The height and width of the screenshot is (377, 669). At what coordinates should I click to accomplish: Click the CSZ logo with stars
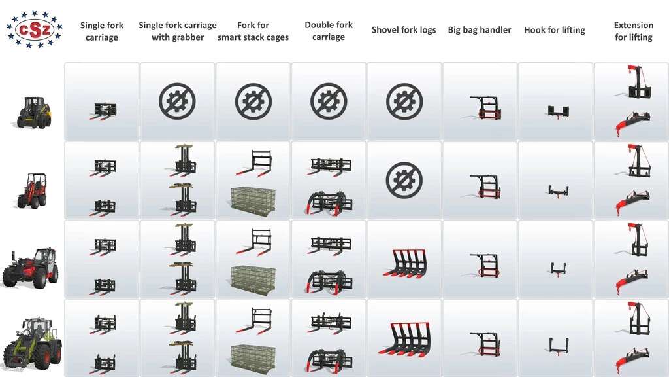coord(34,29)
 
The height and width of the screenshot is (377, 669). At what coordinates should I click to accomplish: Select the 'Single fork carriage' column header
coord(101,31)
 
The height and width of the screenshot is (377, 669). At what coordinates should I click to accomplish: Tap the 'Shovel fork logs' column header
coord(404,30)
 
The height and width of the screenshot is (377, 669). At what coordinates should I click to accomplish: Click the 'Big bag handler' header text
coord(479,30)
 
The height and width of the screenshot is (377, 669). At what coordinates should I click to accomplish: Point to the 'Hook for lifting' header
coord(554,30)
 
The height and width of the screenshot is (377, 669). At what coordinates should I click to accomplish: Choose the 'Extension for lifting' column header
coord(634,31)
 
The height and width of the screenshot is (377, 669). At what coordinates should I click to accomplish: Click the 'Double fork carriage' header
coord(329,31)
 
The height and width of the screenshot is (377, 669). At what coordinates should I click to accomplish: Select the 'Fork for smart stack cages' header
coord(253,31)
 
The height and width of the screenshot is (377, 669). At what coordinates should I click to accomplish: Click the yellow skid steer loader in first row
coord(34,113)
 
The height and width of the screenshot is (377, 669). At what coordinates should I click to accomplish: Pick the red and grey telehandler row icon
coord(31,268)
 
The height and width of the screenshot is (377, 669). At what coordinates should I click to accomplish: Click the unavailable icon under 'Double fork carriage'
coord(329,101)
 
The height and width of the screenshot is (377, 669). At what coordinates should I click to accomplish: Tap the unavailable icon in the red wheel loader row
coord(404,180)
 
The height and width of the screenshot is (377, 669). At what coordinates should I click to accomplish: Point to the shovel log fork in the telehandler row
coord(404,262)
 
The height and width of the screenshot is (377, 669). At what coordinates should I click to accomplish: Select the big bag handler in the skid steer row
coord(485,108)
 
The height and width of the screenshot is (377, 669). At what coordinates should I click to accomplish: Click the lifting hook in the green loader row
coord(559,346)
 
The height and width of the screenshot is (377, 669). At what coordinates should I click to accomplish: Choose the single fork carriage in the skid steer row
coord(103,111)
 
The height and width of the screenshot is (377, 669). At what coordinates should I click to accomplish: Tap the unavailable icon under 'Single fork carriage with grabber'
coord(178,101)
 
